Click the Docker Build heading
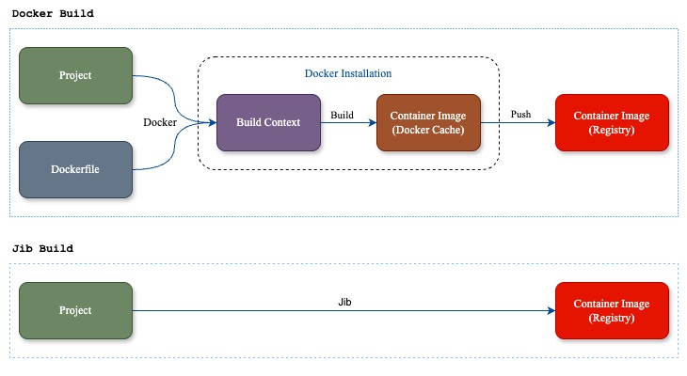click(53, 13)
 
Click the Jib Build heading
click(42, 248)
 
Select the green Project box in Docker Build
click(76, 76)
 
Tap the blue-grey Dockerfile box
click(76, 169)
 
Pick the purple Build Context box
click(268, 122)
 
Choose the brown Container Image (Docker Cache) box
click(428, 122)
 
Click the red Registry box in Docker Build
click(612, 122)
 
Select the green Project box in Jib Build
click(76, 311)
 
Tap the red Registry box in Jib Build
click(612, 311)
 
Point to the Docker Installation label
click(348, 73)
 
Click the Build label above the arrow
click(342, 115)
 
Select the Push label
click(520, 115)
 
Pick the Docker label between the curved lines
click(160, 122)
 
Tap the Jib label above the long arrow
click(344, 302)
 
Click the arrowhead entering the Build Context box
click(213, 122)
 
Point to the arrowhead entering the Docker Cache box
click(373, 122)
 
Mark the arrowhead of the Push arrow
click(551, 122)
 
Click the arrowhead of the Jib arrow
click(551, 311)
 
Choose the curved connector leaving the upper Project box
click(174, 100)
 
